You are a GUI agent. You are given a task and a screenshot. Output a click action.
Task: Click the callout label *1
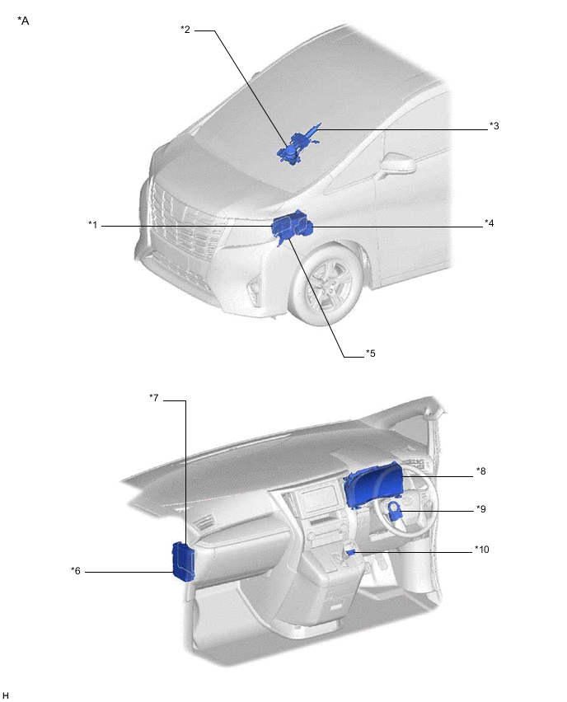click(x=92, y=224)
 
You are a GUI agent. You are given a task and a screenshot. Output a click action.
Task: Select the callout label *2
click(x=185, y=30)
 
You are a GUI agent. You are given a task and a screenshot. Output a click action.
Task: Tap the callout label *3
click(x=494, y=126)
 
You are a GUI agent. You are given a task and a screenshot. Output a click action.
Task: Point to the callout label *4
click(x=489, y=223)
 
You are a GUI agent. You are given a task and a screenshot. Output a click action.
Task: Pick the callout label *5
click(x=370, y=353)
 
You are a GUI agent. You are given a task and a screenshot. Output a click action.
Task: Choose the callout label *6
click(x=76, y=571)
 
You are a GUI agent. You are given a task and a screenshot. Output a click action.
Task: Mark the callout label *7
click(x=154, y=398)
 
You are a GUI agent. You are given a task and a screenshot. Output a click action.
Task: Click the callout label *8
click(x=481, y=471)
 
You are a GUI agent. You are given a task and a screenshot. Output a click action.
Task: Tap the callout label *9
click(x=481, y=509)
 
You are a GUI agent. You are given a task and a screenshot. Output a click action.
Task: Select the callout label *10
click(x=482, y=550)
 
